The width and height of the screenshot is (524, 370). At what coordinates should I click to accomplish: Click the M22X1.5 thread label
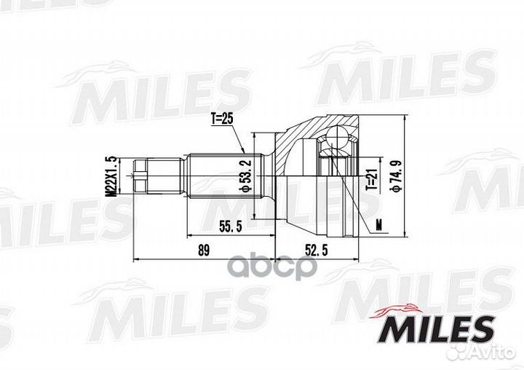[x=111, y=176]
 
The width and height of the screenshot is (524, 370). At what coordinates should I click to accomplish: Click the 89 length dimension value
[x=204, y=251]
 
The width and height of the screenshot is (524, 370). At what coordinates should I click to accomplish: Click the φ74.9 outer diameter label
[x=394, y=176]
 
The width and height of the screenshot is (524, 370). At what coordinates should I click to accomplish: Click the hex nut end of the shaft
[x=141, y=176]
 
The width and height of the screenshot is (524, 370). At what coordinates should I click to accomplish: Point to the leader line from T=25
[x=233, y=138]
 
